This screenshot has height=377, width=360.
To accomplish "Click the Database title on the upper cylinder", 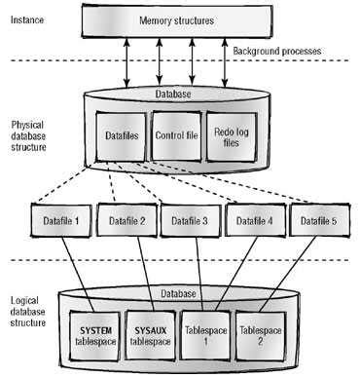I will coord(177,94).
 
